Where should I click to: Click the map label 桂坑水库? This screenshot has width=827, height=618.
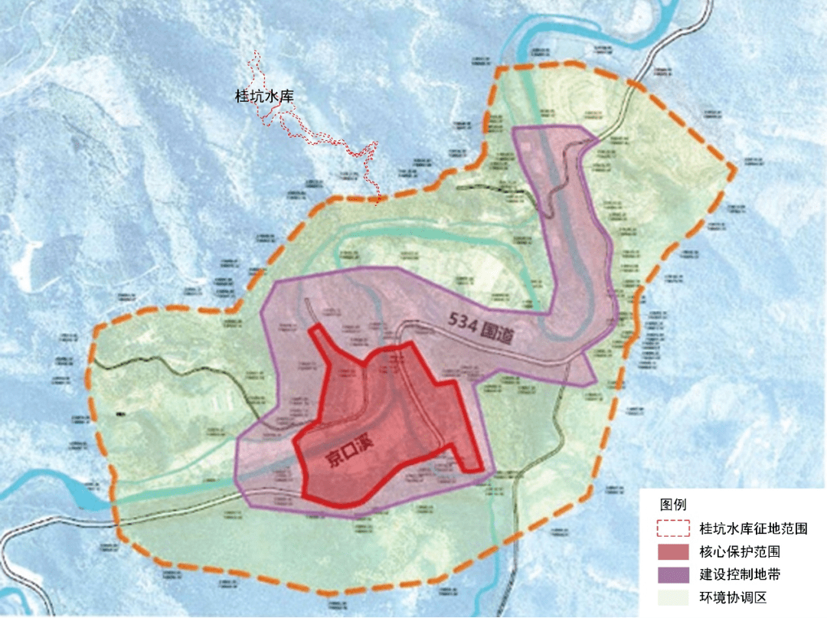pos(264,97)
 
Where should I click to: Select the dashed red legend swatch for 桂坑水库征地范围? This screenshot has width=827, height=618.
pos(673,528)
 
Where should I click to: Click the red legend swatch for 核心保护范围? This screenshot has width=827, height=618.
pos(673,551)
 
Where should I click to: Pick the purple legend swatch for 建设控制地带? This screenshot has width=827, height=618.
pos(673,574)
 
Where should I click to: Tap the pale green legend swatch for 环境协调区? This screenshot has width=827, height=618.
pos(673,597)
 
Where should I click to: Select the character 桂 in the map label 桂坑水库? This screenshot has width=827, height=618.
pos(241,97)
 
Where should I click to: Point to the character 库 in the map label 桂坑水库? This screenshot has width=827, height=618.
pos(287,97)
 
